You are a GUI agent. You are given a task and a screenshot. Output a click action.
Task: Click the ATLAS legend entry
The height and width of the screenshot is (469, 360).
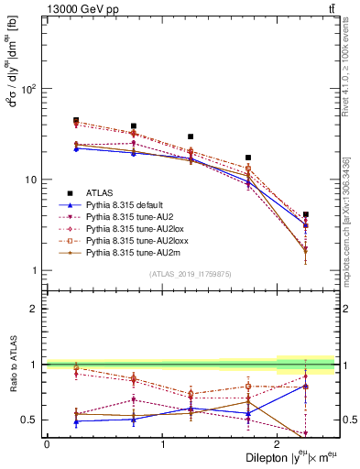[102, 192]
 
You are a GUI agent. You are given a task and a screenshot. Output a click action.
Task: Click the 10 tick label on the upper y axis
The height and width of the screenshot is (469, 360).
[30, 180]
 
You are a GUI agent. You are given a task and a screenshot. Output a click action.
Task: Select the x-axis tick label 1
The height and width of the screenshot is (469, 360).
[163, 443]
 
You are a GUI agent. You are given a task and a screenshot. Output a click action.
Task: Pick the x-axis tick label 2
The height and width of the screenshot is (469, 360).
[278, 443]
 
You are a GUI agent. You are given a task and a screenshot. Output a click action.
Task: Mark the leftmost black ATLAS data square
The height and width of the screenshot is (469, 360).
[76, 120]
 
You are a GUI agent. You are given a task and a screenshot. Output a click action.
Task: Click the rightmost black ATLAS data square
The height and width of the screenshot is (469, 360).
[306, 214]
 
